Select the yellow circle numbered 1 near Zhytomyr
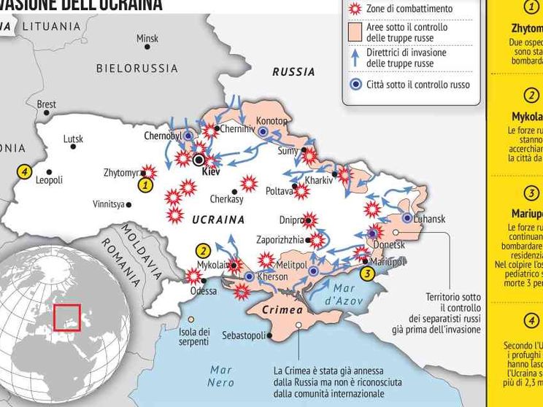pos(145,185)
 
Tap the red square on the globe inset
pos(66,317)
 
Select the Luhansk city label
pos(429,220)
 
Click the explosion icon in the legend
pos(355,9)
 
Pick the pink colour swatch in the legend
pos(355,32)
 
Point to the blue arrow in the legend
pos(355,58)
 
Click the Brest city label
pos(46,104)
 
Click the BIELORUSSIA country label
pos(137,69)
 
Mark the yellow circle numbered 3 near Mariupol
pos(366,274)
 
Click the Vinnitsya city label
pos(108,204)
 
